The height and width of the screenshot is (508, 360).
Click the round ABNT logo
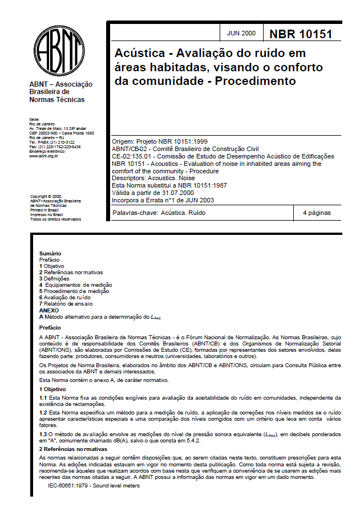pyautogui.click(x=59, y=48)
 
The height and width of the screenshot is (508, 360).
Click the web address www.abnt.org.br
pyautogui.click(x=44, y=156)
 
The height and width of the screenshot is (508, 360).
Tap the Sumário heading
pyautogui.click(x=50, y=253)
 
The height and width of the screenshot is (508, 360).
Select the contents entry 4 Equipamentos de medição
pyautogui.click(x=76, y=285)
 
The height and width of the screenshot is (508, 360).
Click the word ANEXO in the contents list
pyautogui.click(x=49, y=310)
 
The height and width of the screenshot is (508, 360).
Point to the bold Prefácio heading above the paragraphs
pyautogui.click(x=50, y=328)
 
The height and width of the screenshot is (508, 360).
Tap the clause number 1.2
pyautogui.click(x=43, y=411)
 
